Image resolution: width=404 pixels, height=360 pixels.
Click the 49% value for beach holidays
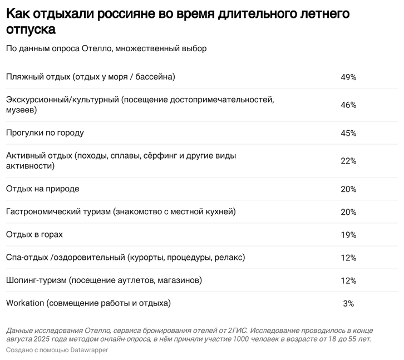click(x=348, y=77)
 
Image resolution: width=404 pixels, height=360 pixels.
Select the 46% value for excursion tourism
click(x=348, y=105)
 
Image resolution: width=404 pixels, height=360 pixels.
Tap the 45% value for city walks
click(x=348, y=134)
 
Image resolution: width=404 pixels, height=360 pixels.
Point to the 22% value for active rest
click(x=348, y=161)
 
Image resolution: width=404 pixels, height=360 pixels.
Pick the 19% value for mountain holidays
click(x=348, y=235)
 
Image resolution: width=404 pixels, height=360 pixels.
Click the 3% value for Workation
click(x=348, y=304)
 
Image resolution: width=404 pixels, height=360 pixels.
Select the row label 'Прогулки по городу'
click(x=45, y=133)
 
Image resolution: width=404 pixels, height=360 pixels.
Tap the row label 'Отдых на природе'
click(x=42, y=189)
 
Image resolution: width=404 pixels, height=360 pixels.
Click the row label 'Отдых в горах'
click(x=34, y=234)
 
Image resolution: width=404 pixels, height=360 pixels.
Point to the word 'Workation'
click(x=25, y=303)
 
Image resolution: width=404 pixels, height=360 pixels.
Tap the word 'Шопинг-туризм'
click(x=36, y=280)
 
